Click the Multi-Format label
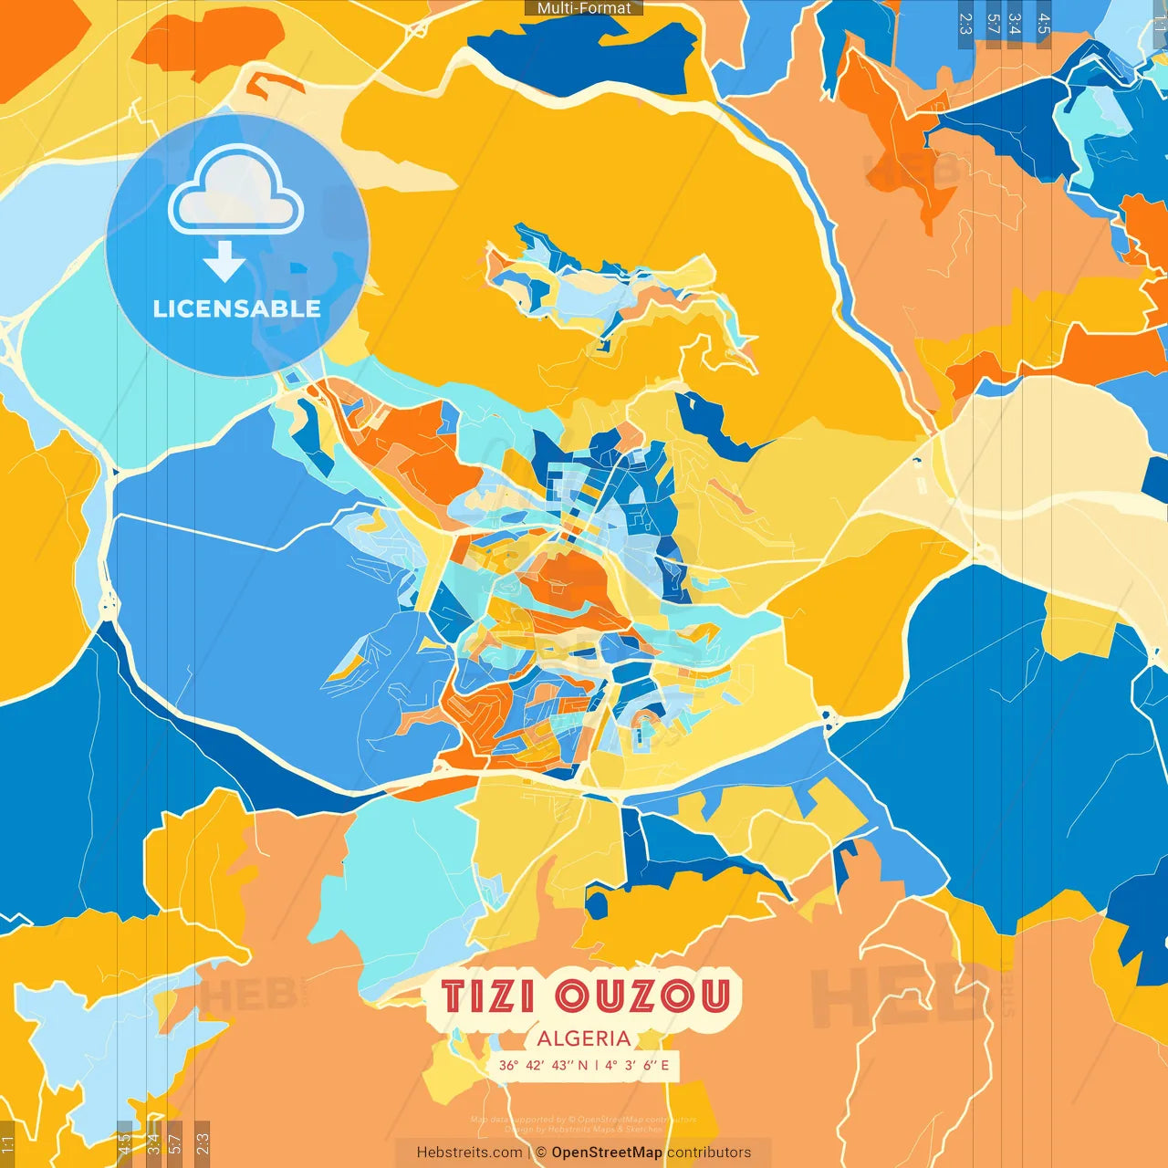pos(584,8)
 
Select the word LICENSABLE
pos(236,308)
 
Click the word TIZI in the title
pos(488,996)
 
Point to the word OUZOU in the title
pos(643,996)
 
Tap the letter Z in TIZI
pos(498,996)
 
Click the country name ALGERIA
pos(584,1038)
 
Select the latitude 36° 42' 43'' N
pos(543,1065)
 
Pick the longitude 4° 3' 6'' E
pos(637,1065)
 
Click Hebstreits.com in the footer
pos(469,1152)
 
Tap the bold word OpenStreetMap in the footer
pos(607,1152)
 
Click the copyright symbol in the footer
pos(541,1152)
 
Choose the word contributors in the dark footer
pos(709,1152)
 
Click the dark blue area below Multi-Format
pos(584,50)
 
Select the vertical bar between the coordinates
pos(596,1065)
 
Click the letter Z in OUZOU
pos(641,996)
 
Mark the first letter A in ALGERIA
pos(545,1038)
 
